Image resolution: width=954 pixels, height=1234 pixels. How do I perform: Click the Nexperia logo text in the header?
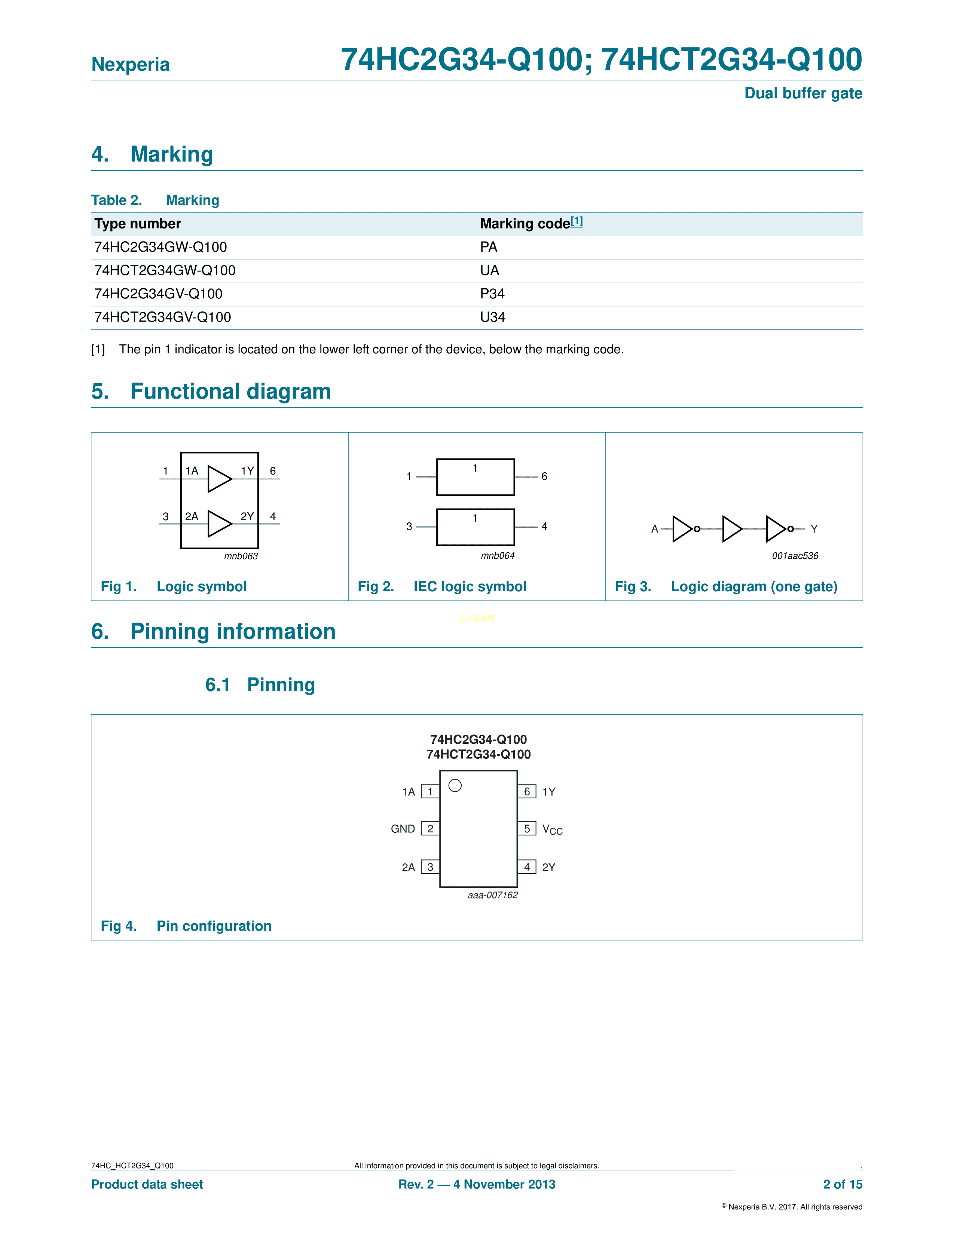click(131, 64)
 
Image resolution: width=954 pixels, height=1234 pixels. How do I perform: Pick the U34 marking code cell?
click(492, 317)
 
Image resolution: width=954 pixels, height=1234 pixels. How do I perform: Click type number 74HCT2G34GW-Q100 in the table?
click(165, 271)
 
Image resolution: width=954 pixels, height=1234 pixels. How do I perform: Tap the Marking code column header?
click(525, 224)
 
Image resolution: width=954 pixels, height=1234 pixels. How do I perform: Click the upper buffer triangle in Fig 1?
click(219, 479)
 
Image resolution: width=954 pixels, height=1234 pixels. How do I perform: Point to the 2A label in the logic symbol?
click(192, 516)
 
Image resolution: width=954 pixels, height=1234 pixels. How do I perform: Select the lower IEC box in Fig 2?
click(475, 527)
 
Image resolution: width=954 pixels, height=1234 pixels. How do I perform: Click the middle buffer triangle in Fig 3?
click(732, 529)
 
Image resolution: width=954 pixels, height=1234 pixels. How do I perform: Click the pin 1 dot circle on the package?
click(455, 785)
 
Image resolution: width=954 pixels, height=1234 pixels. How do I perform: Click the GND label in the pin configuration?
click(403, 829)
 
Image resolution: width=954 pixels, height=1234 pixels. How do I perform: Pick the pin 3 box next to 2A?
click(430, 867)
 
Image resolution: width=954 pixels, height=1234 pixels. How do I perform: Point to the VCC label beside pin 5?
click(552, 829)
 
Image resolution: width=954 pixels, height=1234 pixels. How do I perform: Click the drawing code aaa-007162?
click(492, 895)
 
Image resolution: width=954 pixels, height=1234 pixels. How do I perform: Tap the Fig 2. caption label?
click(375, 586)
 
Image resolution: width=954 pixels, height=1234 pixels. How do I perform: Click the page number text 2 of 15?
click(842, 1184)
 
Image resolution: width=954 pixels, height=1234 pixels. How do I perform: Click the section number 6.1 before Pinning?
click(218, 685)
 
